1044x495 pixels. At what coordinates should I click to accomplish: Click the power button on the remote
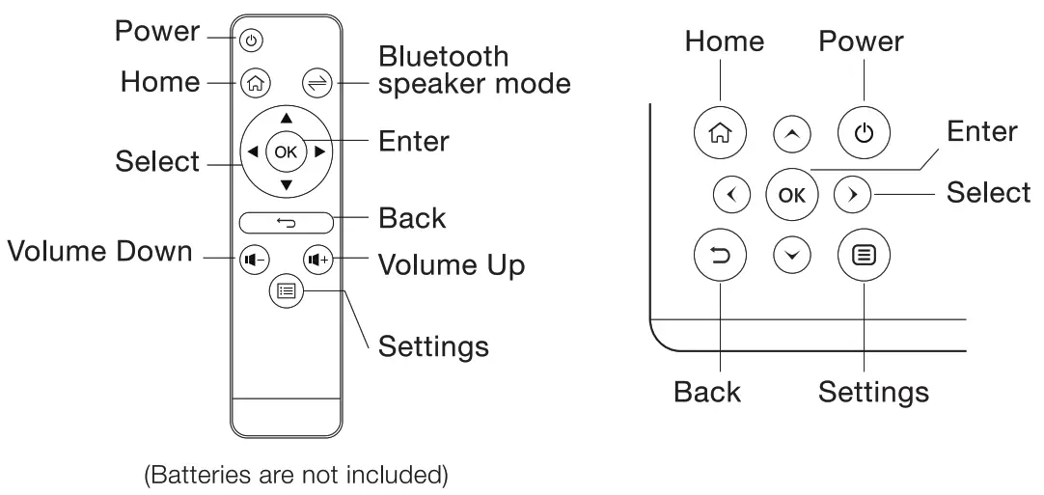[x=251, y=41]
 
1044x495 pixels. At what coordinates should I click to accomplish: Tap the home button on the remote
[x=254, y=83]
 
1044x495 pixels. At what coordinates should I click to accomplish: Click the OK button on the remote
[x=286, y=151]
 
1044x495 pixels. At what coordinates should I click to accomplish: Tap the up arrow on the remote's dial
[x=286, y=118]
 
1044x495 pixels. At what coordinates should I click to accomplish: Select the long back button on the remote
[x=286, y=223]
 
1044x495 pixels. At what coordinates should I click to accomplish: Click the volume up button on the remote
[x=317, y=258]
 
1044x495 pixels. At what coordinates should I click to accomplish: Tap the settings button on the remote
[x=286, y=289]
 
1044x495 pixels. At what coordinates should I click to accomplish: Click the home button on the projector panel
[x=720, y=132]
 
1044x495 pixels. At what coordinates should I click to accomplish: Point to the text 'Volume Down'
[x=99, y=253]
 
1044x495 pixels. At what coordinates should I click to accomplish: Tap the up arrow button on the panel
[x=791, y=134]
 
